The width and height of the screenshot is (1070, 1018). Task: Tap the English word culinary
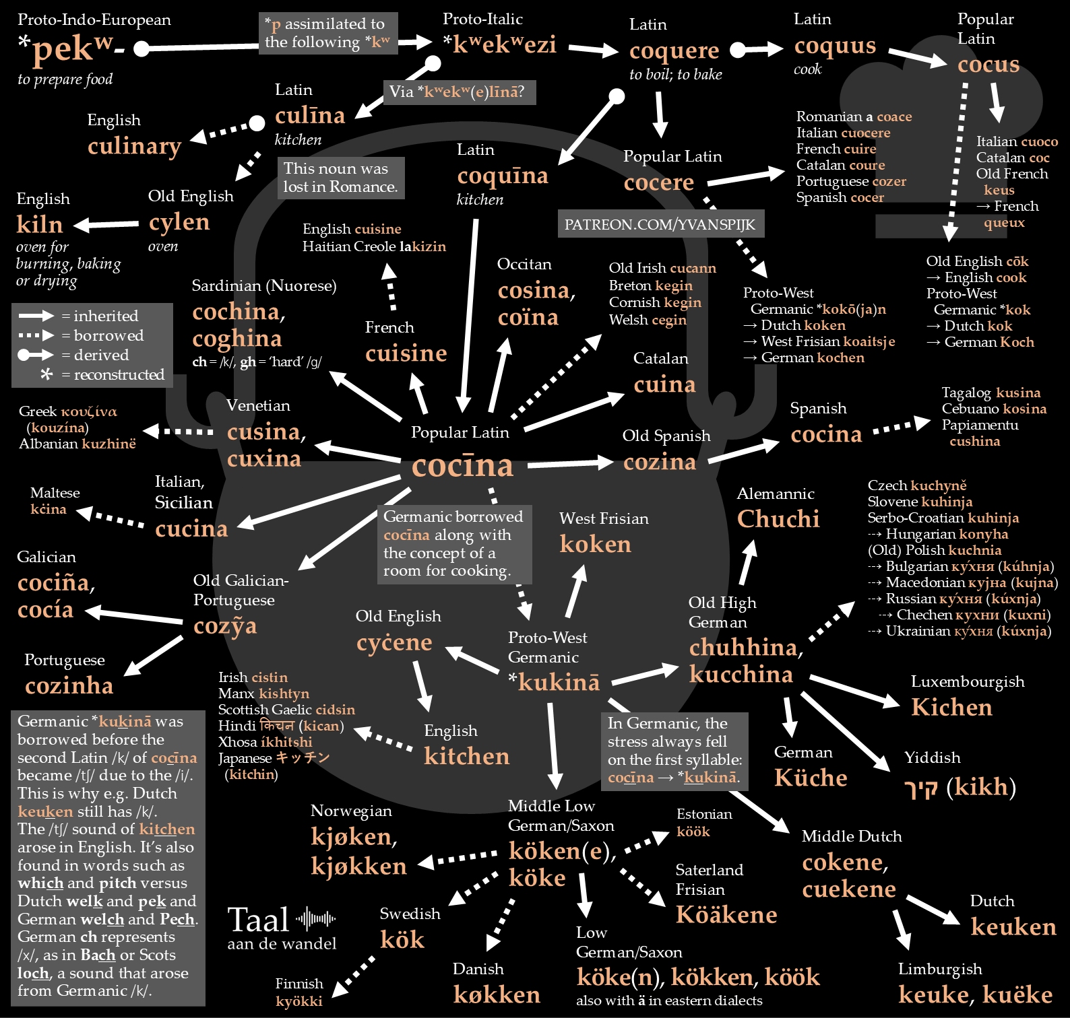coord(134,146)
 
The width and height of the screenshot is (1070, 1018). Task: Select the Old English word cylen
coord(179,222)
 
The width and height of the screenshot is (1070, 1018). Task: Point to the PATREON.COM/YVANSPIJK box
coord(660,224)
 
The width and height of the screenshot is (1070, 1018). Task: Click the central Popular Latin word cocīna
coord(462,465)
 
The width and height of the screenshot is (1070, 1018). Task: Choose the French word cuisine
coord(406,353)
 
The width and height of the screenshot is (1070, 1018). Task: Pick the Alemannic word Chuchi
coord(778,519)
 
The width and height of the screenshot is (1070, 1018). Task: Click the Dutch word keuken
coord(1013,927)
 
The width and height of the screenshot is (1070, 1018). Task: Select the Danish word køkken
coord(497,995)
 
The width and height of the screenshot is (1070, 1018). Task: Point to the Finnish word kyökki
coord(299,1001)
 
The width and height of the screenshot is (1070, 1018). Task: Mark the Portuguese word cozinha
coord(69,686)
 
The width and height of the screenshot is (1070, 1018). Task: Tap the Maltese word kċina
coord(49,510)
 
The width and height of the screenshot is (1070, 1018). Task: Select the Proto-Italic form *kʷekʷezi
coord(499,44)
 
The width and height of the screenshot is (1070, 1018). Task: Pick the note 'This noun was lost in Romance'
coord(340,178)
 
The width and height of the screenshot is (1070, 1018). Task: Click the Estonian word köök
coord(693,832)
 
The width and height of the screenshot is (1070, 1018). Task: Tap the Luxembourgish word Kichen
coord(951,708)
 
